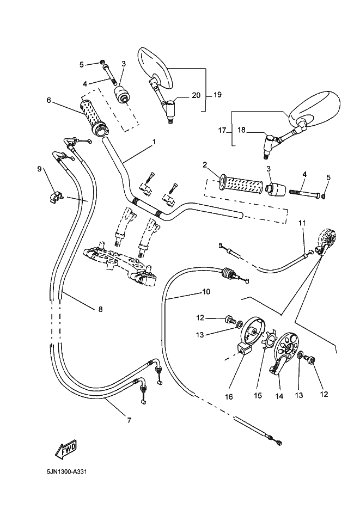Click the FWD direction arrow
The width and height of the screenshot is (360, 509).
65,449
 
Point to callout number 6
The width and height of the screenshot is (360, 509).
48,100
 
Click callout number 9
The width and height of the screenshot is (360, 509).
39,169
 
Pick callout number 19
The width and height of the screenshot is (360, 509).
217,95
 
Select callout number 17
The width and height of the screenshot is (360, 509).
222,131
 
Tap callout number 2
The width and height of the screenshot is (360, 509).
205,164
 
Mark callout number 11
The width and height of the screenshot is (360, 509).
302,223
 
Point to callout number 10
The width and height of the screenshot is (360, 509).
206,292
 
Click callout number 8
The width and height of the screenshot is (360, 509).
100,310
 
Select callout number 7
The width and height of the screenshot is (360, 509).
129,420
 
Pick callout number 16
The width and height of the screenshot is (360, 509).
229,397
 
